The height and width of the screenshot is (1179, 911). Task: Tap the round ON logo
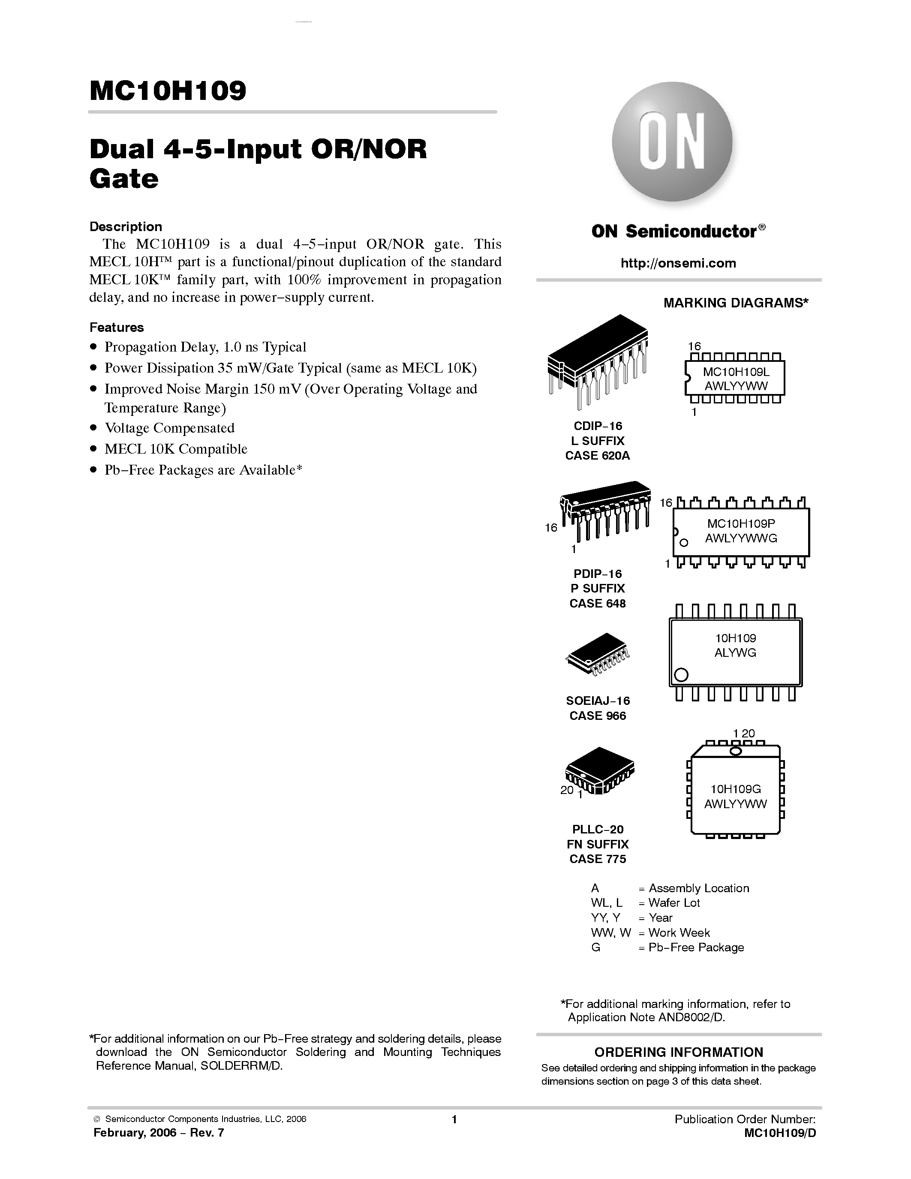pos(672,142)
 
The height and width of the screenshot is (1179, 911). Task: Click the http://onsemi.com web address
pos(678,263)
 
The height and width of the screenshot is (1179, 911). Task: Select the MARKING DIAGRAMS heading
pos(736,303)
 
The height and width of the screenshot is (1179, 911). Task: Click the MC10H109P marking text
pos(741,523)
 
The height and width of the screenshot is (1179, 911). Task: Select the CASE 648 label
pos(598,604)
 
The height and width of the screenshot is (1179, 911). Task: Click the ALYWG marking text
pos(735,653)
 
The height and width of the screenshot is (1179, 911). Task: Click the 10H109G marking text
pos(735,789)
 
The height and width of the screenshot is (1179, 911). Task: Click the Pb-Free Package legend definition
pos(696,947)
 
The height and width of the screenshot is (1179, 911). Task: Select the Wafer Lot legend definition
pos(673,902)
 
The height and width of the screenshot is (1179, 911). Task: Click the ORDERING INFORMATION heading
pos(678,1052)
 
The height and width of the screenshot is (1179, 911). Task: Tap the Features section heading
pos(117,328)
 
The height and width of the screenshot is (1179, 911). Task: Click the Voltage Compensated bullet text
pos(169,428)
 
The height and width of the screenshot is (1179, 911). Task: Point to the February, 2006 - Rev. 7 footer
pos(158,1133)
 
